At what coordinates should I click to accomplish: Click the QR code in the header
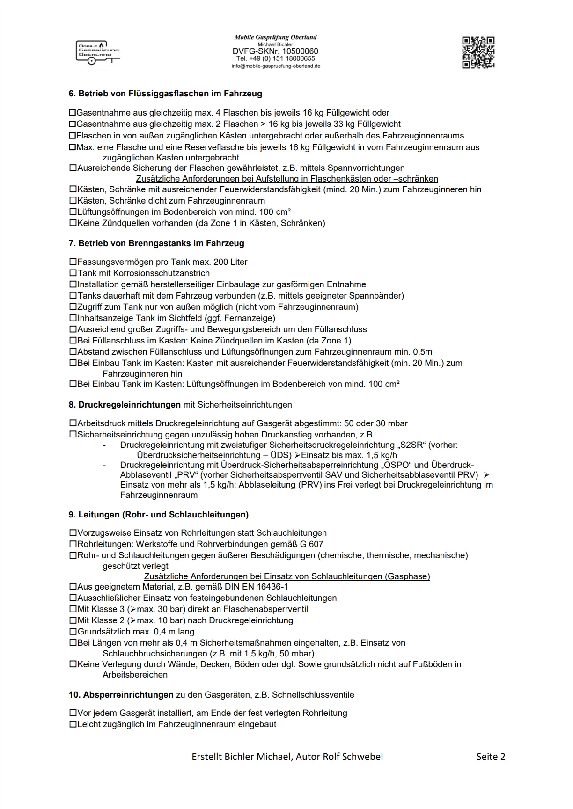[478, 52]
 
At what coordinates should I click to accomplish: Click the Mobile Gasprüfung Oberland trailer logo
[97, 51]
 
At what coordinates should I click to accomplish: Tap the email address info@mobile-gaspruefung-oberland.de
[276, 66]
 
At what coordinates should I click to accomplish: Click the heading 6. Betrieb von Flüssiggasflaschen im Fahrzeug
[165, 94]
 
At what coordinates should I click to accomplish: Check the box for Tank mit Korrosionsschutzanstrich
[73, 273]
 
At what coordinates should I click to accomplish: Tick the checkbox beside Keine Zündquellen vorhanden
[73, 223]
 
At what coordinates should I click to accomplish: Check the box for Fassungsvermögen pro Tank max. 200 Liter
[73, 262]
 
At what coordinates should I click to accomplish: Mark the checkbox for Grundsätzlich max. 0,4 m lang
[73, 632]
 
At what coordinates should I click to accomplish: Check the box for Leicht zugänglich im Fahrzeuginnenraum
[73, 724]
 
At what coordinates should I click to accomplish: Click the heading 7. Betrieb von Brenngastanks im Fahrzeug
[156, 243]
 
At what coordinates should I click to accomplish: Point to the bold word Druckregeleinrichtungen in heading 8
[129, 405]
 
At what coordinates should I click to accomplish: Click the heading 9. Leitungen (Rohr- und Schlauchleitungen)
[158, 515]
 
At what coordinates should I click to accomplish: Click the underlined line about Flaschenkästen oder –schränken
[287, 179]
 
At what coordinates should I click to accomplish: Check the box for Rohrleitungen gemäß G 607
[73, 544]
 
